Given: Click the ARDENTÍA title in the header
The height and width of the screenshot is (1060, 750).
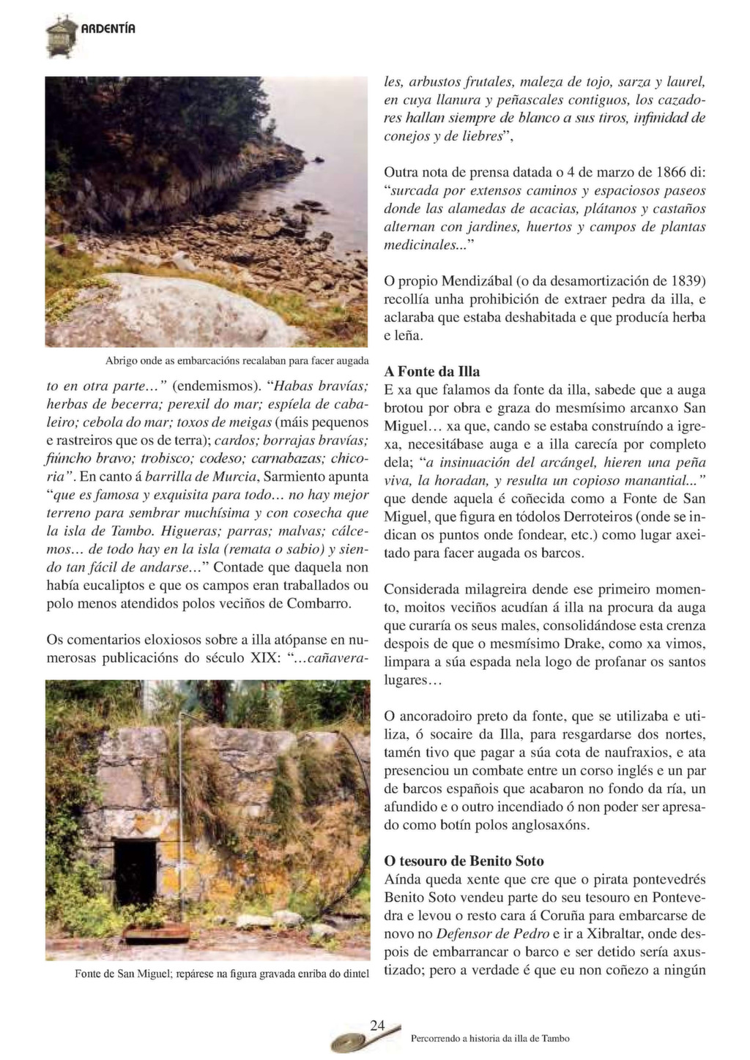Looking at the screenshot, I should pos(108,29).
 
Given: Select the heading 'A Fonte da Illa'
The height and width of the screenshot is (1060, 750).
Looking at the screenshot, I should pos(432,371).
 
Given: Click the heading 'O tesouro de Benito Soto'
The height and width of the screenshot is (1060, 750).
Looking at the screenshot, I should pos(464,861).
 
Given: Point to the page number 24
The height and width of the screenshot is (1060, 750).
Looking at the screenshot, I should pos(377,1026).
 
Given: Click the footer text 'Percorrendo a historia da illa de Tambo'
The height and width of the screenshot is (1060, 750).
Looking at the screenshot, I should pos(490,1038).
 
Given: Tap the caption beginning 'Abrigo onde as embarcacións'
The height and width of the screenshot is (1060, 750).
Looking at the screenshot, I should pos(237,361).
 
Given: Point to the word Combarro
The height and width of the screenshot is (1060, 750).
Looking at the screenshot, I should pos(319,604).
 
